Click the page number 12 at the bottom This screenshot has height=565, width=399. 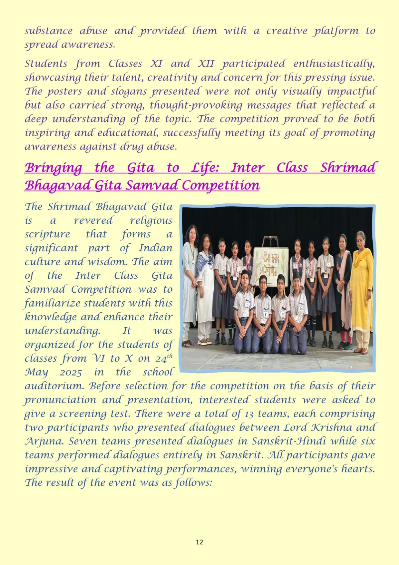199,542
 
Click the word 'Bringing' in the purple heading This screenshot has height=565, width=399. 54,168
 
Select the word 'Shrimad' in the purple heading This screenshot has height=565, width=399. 347,168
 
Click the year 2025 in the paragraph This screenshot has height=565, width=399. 71,373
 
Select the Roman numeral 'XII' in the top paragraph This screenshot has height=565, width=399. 206,64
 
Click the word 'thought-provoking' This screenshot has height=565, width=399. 196,105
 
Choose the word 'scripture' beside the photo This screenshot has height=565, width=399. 47,234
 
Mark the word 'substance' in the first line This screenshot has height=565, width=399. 49,31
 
